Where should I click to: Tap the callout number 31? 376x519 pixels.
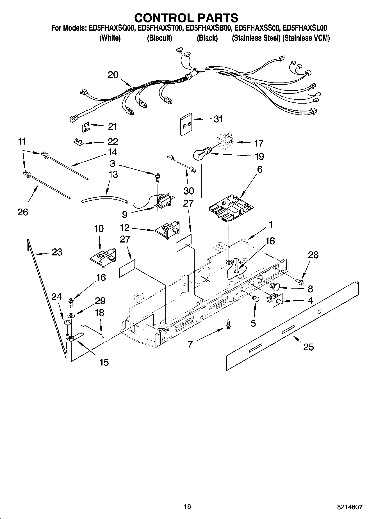[x=218, y=119]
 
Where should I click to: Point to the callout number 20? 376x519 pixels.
[x=113, y=75]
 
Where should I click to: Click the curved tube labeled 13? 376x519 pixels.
[x=104, y=198]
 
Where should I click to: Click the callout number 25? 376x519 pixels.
[x=308, y=347]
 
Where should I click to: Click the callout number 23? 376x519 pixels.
[x=57, y=252]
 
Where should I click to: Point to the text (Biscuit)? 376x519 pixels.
[x=159, y=38]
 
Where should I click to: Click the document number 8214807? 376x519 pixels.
[x=350, y=507]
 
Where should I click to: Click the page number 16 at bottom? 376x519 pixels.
[x=188, y=506]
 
